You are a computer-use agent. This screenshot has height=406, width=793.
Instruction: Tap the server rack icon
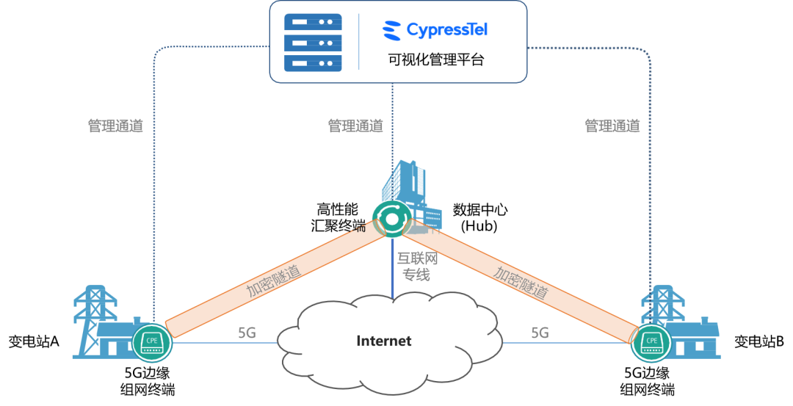tap(313, 42)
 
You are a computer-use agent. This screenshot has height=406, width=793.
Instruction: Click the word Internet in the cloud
tap(384, 341)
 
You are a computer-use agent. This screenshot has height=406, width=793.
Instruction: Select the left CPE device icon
tap(151, 342)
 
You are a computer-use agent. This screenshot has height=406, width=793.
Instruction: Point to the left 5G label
tap(247, 333)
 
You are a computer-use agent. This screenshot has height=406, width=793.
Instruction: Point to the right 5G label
tap(540, 333)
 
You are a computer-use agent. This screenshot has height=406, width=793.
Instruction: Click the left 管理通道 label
tap(115, 126)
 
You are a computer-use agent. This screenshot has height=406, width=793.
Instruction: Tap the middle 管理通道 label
tap(355, 126)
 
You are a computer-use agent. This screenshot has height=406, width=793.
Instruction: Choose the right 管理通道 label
tap(612, 126)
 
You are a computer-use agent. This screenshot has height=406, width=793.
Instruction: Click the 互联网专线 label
tap(417, 267)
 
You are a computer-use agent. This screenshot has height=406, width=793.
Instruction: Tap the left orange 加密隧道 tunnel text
tap(274, 280)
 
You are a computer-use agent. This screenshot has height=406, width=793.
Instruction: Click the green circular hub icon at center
tap(391, 218)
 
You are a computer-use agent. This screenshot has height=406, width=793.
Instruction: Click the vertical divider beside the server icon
tap(359, 42)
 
